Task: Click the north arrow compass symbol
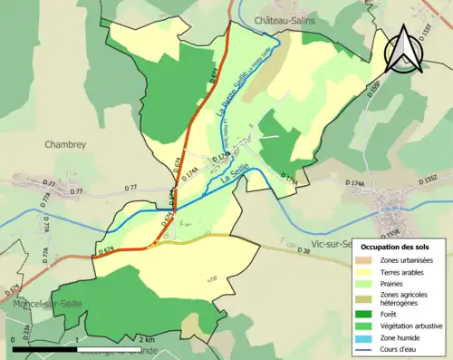[x=403, y=50]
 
